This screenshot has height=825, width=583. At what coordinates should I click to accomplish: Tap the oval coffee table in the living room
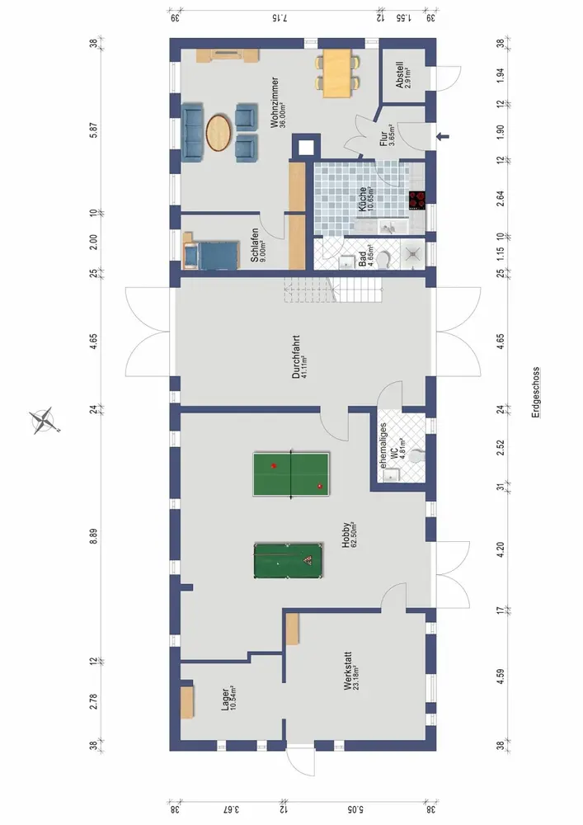tap(219, 132)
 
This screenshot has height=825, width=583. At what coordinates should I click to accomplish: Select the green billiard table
tap(288, 561)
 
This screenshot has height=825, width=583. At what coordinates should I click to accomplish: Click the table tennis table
tap(291, 474)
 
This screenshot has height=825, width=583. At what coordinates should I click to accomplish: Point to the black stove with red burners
tap(417, 200)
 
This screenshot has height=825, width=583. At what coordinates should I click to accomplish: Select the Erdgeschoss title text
tap(535, 393)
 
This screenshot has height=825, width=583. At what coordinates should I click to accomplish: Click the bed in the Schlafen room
tap(210, 255)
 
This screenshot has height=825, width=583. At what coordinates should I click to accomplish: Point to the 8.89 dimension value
tap(93, 535)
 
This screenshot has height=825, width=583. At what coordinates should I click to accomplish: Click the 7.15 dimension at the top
tap(280, 17)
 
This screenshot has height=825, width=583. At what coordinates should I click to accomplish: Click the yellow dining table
tap(336, 73)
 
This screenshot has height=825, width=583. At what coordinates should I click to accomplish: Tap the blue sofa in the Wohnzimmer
tap(192, 132)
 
